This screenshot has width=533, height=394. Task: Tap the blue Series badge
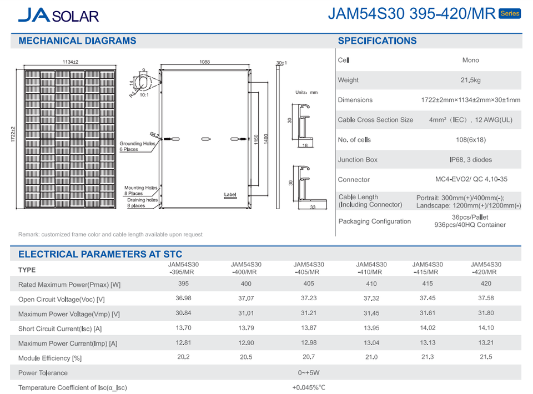tap(510, 13)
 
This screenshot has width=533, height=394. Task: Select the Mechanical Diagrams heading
tap(77, 41)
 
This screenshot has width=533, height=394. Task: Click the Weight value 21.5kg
tap(470, 80)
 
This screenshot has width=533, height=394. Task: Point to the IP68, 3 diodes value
tap(470, 160)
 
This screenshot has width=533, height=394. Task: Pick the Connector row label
tap(354, 180)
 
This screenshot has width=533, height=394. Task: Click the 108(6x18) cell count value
tap(470, 140)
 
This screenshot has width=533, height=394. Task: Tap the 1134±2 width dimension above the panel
tap(71, 63)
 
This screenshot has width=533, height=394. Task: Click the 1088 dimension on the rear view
tap(204, 63)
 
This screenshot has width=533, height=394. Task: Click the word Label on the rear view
tap(230, 195)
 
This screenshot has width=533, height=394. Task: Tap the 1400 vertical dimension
tap(266, 137)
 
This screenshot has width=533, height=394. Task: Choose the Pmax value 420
tap(486, 284)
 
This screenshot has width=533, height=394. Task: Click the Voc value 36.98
tap(183, 299)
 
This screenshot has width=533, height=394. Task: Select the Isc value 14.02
tap(428, 328)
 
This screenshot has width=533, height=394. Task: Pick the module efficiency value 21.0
tap(371, 357)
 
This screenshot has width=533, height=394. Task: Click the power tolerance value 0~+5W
tap(308, 373)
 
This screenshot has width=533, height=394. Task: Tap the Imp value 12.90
tap(246, 343)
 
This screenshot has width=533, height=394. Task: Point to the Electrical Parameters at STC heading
tap(100, 254)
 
